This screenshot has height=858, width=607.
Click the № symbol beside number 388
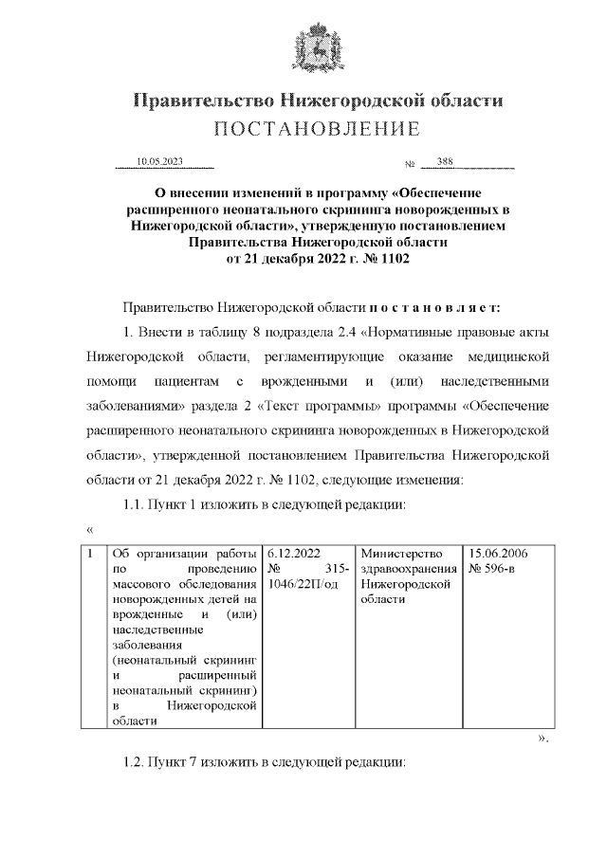pos(411,164)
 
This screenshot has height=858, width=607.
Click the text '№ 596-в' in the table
pos(493,569)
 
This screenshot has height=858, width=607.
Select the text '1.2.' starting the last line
pos(138,762)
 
